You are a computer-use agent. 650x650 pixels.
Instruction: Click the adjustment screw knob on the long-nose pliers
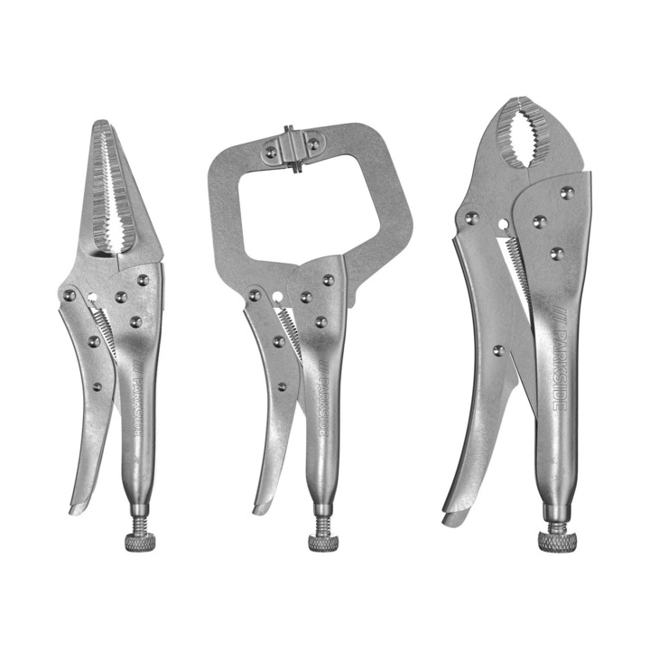[141, 543]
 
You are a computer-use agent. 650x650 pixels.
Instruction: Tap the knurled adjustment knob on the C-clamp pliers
[323, 543]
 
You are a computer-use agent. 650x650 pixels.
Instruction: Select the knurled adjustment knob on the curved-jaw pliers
[558, 542]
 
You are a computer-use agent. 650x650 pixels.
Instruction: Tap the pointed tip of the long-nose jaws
[101, 123]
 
